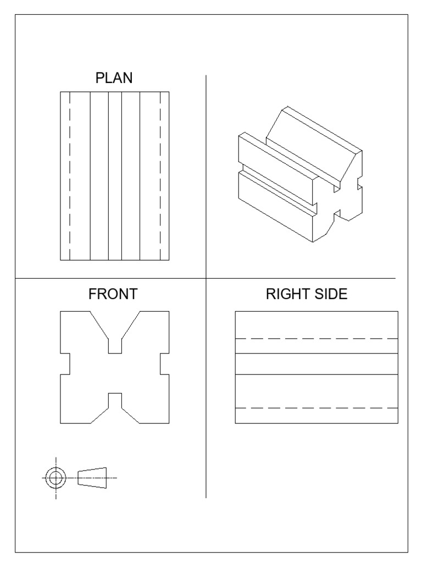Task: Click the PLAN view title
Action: click(x=114, y=78)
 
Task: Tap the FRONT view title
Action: click(x=113, y=295)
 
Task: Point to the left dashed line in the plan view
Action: click(x=69, y=176)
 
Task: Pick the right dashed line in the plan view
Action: click(x=160, y=176)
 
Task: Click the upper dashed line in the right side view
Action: click(x=316, y=339)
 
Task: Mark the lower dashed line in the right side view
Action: click(x=316, y=408)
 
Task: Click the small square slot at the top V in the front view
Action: click(x=115, y=346)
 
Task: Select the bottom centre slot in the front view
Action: click(x=115, y=400)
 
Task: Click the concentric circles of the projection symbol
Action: click(x=55, y=478)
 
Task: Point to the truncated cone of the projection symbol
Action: click(x=92, y=477)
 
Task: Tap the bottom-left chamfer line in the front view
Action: click(x=99, y=415)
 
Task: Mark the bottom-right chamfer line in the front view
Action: click(x=130, y=415)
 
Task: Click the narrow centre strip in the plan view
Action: click(x=115, y=176)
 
